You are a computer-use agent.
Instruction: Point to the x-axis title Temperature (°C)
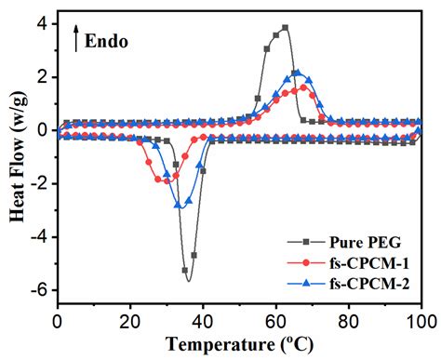(238, 342)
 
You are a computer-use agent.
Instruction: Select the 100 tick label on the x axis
(421, 321)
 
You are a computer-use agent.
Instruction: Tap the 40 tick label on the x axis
(203, 321)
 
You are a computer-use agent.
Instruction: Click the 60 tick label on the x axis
(275, 321)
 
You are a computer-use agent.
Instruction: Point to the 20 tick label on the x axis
(130, 321)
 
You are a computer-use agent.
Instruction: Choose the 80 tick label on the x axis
(348, 321)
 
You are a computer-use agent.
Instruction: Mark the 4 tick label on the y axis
(44, 23)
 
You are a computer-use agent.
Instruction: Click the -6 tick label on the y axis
(40, 290)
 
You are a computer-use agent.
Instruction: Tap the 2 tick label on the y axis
(44, 76)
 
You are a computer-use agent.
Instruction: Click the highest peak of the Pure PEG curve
(285, 28)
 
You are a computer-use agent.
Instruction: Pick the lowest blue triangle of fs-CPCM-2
(179, 205)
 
